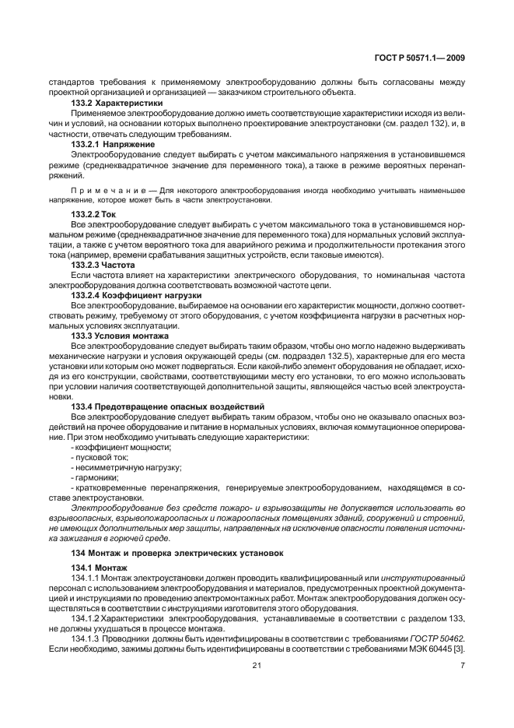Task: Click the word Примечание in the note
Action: click(x=107, y=190)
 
